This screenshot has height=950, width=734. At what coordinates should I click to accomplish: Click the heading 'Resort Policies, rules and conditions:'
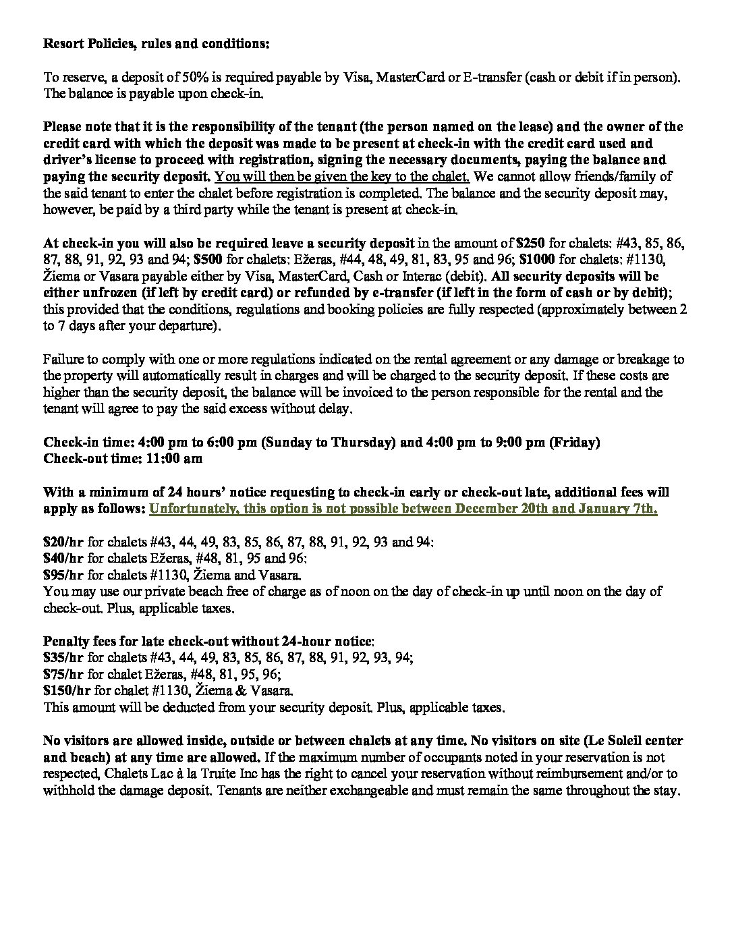156,44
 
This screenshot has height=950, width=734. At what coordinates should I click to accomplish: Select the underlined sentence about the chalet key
342,177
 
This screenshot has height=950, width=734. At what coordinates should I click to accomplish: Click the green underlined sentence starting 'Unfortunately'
403,509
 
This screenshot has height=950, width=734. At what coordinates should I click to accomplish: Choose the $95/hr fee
63,575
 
